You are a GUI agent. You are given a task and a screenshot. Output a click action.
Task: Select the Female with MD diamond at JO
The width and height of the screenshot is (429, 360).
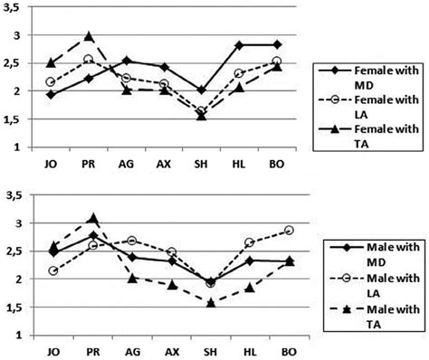[52, 94]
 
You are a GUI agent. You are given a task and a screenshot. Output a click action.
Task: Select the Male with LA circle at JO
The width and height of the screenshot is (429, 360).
[52, 270]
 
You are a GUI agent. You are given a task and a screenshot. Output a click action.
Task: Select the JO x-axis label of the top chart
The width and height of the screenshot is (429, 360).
[52, 166]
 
